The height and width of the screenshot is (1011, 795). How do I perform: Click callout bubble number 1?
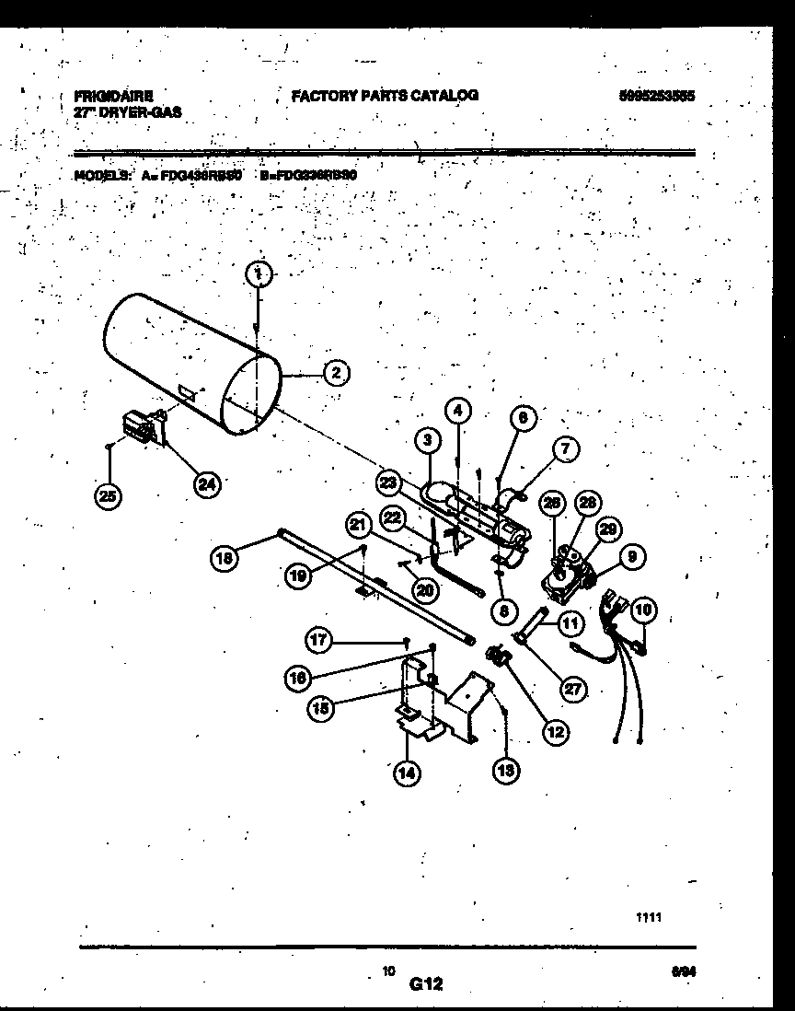click(260, 273)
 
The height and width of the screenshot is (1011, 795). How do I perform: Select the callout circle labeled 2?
click(336, 373)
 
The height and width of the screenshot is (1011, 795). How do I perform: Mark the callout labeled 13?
click(505, 770)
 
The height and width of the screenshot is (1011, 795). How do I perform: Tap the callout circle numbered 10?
click(642, 609)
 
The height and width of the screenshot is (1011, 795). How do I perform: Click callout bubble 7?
click(566, 449)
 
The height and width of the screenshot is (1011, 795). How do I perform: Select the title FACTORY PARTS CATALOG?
click(385, 95)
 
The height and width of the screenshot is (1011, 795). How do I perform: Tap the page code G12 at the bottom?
click(426, 983)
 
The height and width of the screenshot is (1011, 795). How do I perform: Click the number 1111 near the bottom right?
click(649, 918)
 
